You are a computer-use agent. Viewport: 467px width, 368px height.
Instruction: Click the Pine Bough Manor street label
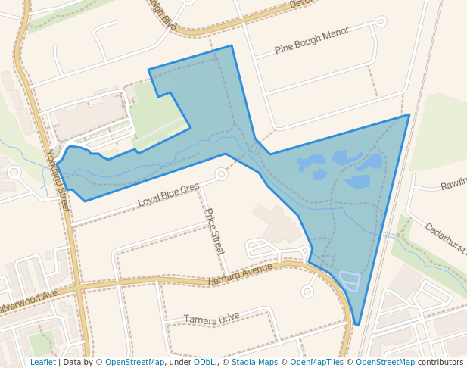point(312,41)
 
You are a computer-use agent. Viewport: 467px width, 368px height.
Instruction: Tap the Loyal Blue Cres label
point(168,195)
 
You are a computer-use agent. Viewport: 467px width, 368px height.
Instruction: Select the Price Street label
point(214,231)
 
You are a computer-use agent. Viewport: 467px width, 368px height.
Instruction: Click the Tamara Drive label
point(211,319)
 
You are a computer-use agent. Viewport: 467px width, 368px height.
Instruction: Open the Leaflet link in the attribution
point(42,363)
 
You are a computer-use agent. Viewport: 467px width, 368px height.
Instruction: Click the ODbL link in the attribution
point(204,363)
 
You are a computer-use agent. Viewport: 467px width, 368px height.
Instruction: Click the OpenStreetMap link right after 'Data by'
point(135,363)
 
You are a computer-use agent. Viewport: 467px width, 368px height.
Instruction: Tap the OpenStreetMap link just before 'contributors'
point(385,363)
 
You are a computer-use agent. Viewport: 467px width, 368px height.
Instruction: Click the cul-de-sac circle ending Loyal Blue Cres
point(221,174)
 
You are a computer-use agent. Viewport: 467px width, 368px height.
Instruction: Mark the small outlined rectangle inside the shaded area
point(350,281)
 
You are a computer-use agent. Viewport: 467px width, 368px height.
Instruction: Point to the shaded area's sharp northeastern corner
point(409,115)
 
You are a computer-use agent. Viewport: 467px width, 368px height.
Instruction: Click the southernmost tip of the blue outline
point(356,325)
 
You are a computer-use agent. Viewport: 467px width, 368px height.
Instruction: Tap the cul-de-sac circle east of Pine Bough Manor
point(381,21)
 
